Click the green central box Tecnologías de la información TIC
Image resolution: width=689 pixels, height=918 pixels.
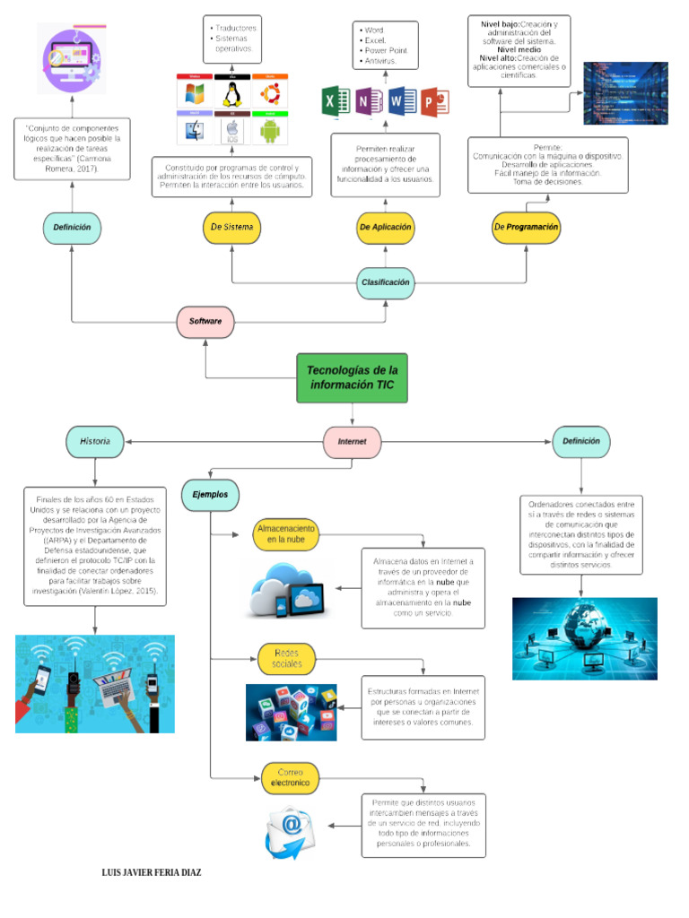(x=352, y=377)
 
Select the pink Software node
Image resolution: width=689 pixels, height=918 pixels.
(x=205, y=320)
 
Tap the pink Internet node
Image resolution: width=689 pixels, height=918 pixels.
(x=352, y=442)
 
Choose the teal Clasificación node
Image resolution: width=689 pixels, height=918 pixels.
(x=386, y=281)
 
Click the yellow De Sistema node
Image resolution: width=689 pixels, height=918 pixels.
(x=232, y=228)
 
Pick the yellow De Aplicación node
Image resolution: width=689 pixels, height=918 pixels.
(x=386, y=228)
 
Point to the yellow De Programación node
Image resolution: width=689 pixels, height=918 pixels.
(x=527, y=228)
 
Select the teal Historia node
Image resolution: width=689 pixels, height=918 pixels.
(x=94, y=441)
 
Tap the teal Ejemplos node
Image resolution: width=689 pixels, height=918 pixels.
(x=210, y=494)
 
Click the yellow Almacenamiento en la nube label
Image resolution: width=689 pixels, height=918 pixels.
(x=286, y=534)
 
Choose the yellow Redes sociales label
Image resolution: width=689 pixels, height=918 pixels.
(x=286, y=659)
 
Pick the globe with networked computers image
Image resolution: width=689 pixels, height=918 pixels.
(x=584, y=637)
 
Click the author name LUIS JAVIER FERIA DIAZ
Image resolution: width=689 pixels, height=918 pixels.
(x=147, y=871)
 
